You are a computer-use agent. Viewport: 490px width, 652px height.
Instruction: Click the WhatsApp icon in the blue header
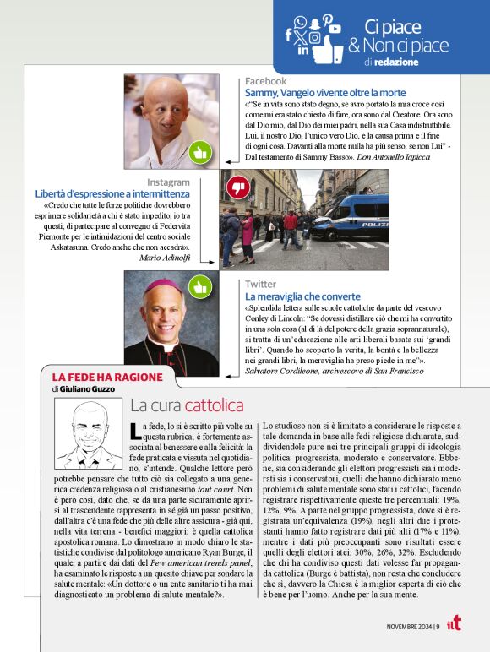click(x=300, y=23)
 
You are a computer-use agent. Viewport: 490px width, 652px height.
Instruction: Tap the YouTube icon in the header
click(x=335, y=29)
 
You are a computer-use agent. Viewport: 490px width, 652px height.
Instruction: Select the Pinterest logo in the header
click(x=327, y=19)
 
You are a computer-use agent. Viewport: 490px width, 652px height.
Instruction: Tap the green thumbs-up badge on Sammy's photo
click(x=199, y=152)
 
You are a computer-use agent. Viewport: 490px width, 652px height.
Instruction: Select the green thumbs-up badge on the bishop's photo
click(x=199, y=287)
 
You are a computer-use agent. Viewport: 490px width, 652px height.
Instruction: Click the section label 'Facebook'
click(x=265, y=81)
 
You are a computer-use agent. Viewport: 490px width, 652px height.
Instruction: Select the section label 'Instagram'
click(x=168, y=182)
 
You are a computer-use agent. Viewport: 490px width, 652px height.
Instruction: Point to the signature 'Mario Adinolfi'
click(x=165, y=257)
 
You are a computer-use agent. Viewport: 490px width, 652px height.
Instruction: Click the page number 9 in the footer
click(x=437, y=626)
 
